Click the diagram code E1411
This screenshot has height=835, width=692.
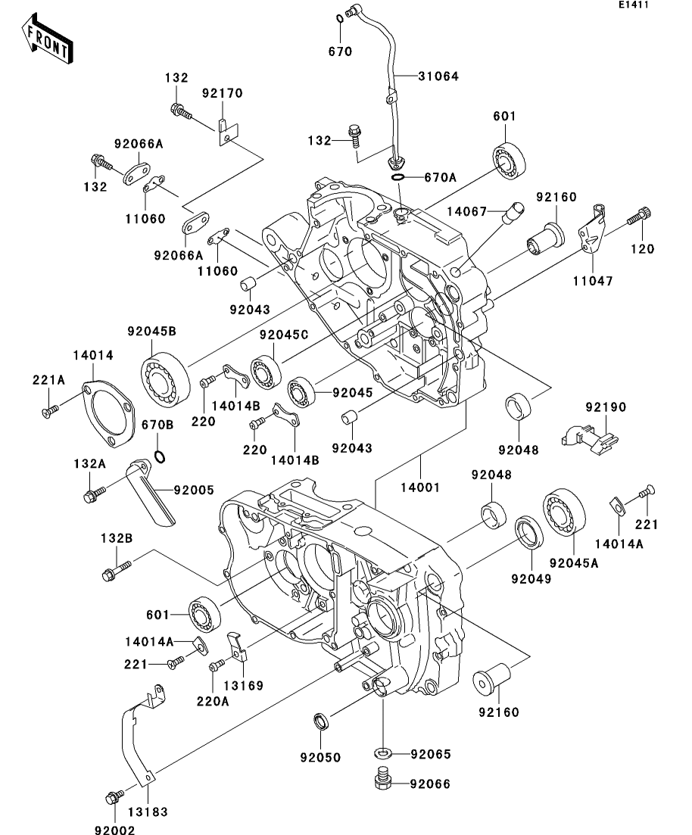pyautogui.click(x=633, y=5)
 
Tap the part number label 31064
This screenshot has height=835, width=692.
pyautogui.click(x=438, y=76)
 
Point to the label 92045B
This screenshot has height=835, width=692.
pyautogui.click(x=151, y=331)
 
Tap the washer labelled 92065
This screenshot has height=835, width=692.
pyautogui.click(x=383, y=753)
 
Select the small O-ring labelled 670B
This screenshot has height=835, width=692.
pyautogui.click(x=160, y=456)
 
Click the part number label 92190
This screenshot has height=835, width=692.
pyautogui.click(x=606, y=407)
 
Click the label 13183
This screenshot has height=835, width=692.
pyautogui.click(x=148, y=812)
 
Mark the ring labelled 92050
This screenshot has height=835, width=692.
pyautogui.click(x=321, y=720)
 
